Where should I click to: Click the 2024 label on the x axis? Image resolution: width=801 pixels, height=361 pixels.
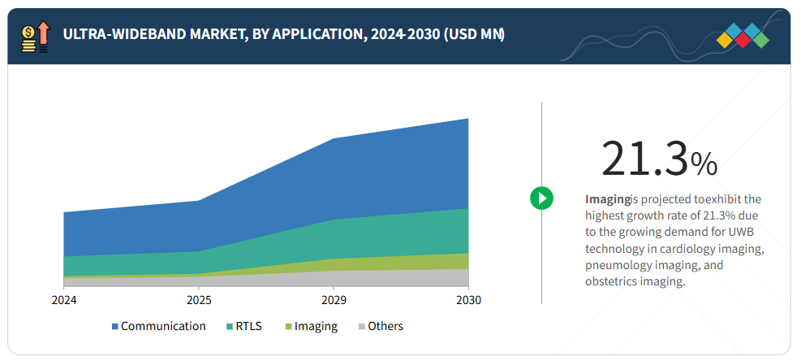(x=64, y=300)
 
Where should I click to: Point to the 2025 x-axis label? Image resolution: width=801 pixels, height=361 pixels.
(x=199, y=300)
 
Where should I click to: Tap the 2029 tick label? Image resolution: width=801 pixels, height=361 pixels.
(x=333, y=300)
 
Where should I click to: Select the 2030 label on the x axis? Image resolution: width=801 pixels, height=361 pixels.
(x=468, y=300)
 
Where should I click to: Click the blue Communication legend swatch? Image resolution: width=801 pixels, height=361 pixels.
(x=115, y=327)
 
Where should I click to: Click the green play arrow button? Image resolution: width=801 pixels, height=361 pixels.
(x=541, y=198)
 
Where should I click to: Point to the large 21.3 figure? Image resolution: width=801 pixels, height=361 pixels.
(x=644, y=159)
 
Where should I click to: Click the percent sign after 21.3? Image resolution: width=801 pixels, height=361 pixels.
(x=704, y=164)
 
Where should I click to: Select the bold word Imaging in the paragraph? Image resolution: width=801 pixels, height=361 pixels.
(x=608, y=199)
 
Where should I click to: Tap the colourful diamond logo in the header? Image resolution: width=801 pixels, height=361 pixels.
(x=743, y=37)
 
